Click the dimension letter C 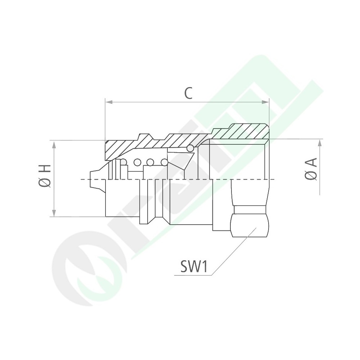coord(188,93)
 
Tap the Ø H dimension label coord(45,175)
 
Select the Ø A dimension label coord(311,169)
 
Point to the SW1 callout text coord(194,266)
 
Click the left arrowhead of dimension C coord(109,102)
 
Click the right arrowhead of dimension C coord(265,102)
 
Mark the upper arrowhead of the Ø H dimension coord(54,145)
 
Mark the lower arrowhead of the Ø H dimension coord(54,213)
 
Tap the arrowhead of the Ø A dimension coord(320,143)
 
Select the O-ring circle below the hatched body coord(190,149)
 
